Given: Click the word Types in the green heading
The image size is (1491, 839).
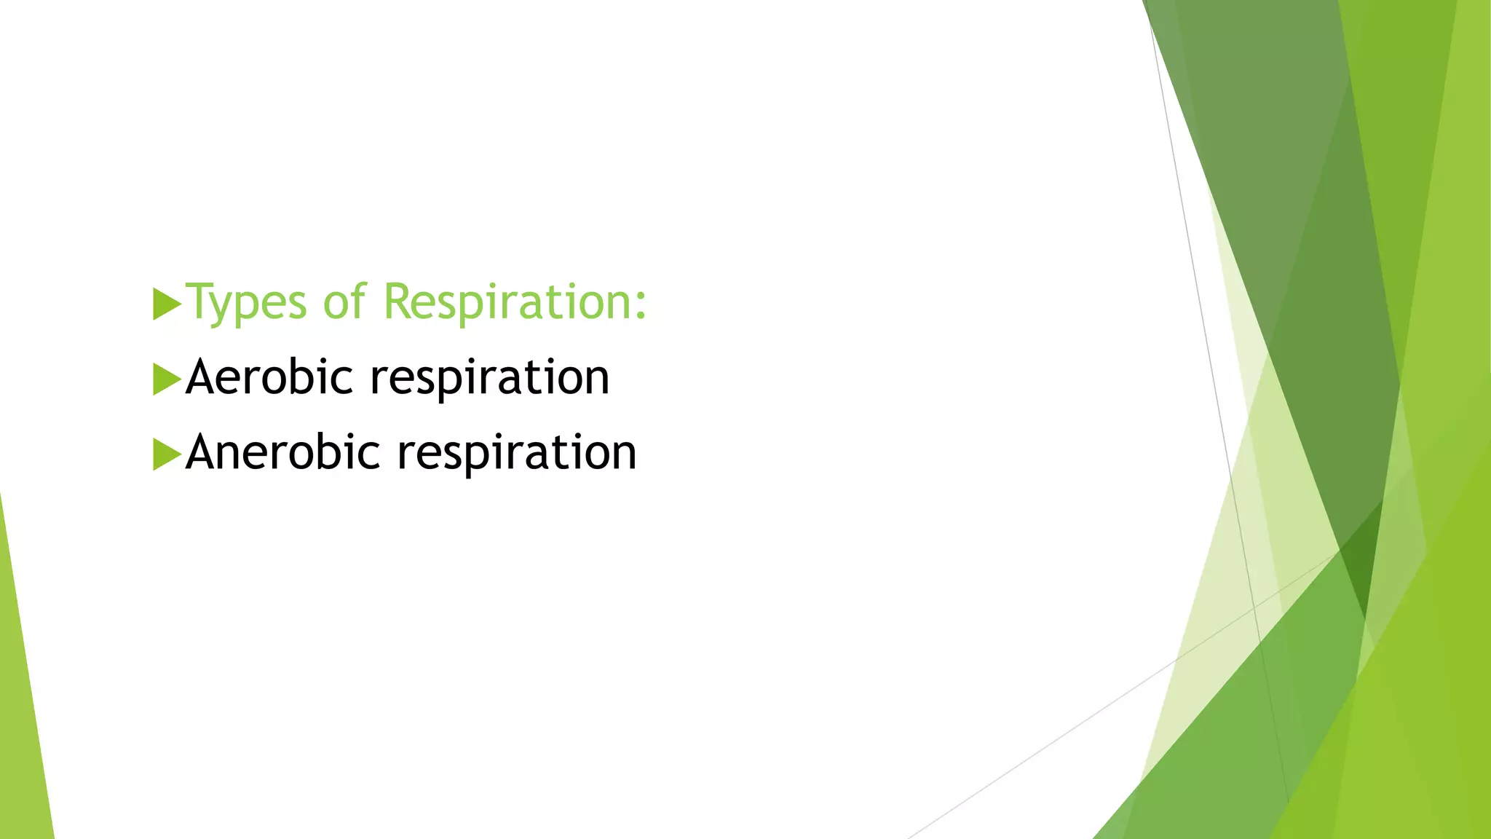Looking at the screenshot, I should pyautogui.click(x=247, y=302).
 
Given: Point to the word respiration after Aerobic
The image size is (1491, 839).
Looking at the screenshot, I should pyautogui.click(x=489, y=379).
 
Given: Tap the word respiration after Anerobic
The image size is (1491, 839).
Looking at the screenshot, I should pyautogui.click(x=516, y=454).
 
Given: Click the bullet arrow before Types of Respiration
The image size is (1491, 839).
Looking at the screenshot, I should pyautogui.click(x=166, y=304).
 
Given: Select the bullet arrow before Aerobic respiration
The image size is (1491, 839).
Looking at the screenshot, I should pyautogui.click(x=166, y=379).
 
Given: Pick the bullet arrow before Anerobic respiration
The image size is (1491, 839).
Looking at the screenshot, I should pyautogui.click(x=166, y=454).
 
